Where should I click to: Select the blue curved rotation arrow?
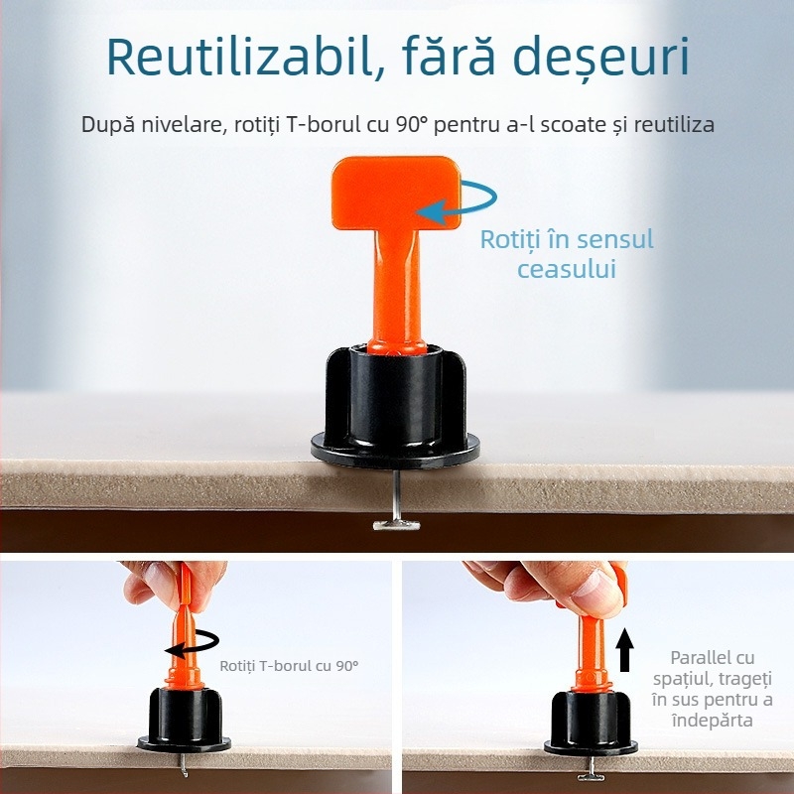(458, 198)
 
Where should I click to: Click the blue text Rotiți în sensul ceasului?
(567, 253)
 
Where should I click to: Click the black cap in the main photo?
(396, 407)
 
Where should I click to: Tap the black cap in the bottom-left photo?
(186, 714)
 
